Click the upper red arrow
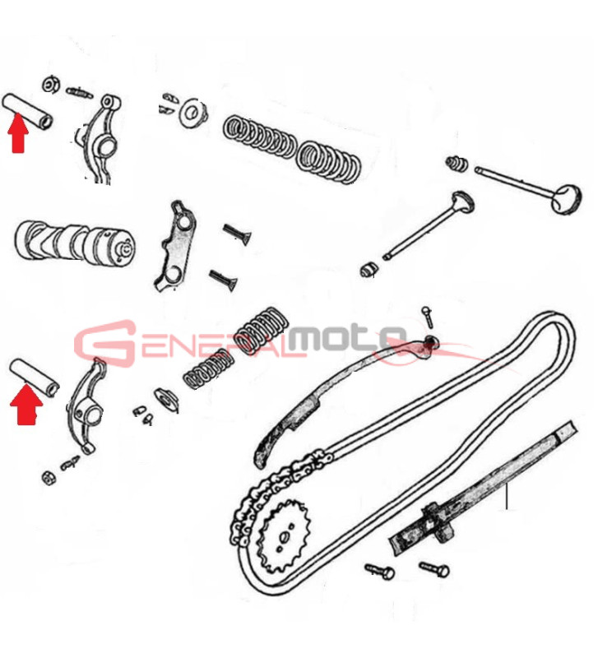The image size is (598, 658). [x=18, y=133]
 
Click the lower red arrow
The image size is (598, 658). [x=26, y=405]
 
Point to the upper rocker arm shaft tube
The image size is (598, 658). [x=28, y=111]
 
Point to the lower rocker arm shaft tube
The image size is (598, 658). [x=35, y=377]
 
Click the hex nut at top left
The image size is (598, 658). [x=50, y=85]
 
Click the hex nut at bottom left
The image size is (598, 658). [x=49, y=478]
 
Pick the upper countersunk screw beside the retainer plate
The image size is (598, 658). [x=237, y=234]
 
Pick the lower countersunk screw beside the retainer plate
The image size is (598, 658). [x=224, y=279]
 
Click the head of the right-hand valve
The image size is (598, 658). [x=567, y=198]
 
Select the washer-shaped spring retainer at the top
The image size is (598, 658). [x=192, y=112]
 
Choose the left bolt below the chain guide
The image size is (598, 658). [x=380, y=571]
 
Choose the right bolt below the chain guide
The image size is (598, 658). [x=434, y=569]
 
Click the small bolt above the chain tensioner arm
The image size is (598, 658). [x=428, y=317]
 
